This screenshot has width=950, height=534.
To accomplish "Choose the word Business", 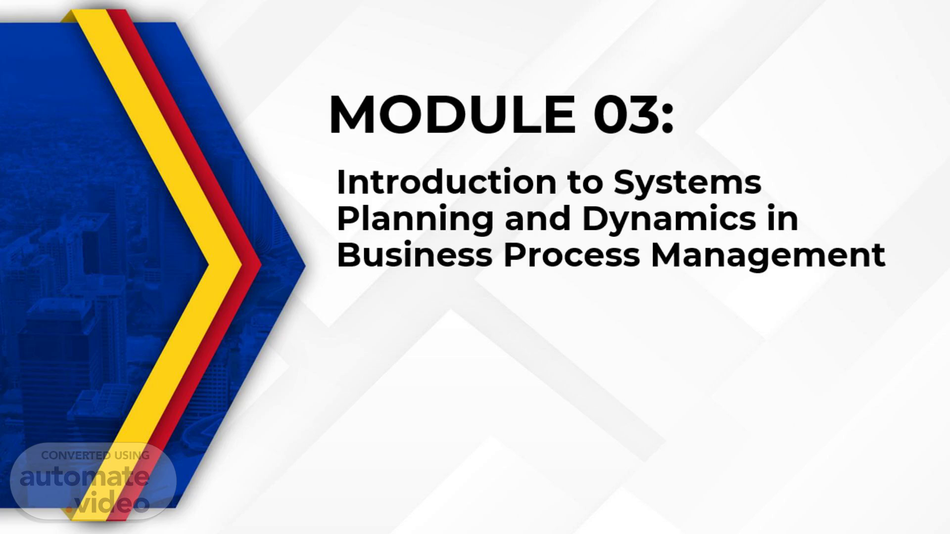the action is [415, 255].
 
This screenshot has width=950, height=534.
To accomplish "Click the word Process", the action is [571, 255].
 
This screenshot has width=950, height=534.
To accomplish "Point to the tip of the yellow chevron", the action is [241, 266].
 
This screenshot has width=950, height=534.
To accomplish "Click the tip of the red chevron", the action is [261, 266].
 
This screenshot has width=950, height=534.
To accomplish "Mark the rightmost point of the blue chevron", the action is [305, 266].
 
